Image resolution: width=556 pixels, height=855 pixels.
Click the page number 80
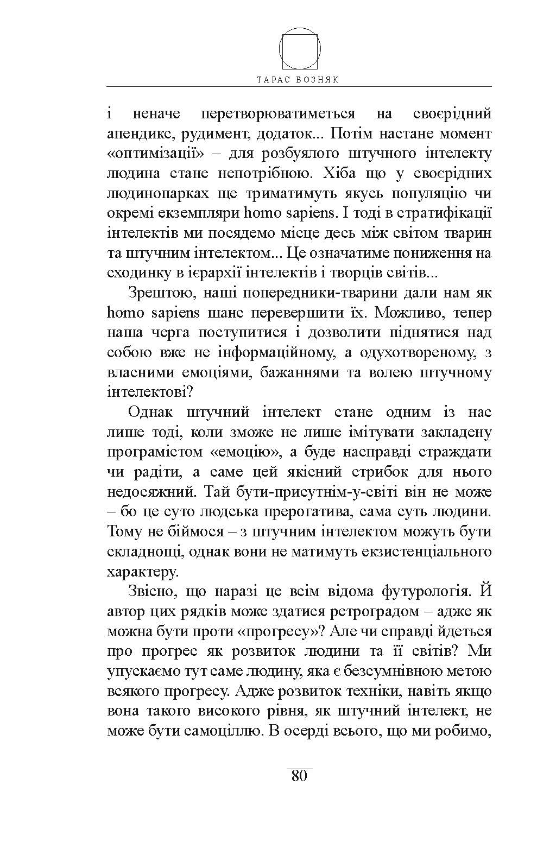click(x=299, y=776)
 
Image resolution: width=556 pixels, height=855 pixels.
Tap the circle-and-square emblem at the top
click(x=300, y=47)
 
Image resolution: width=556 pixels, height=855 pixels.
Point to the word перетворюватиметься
click(x=278, y=113)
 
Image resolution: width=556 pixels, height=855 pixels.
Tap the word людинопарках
click(x=157, y=194)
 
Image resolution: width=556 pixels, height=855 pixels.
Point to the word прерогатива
click(x=308, y=512)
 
